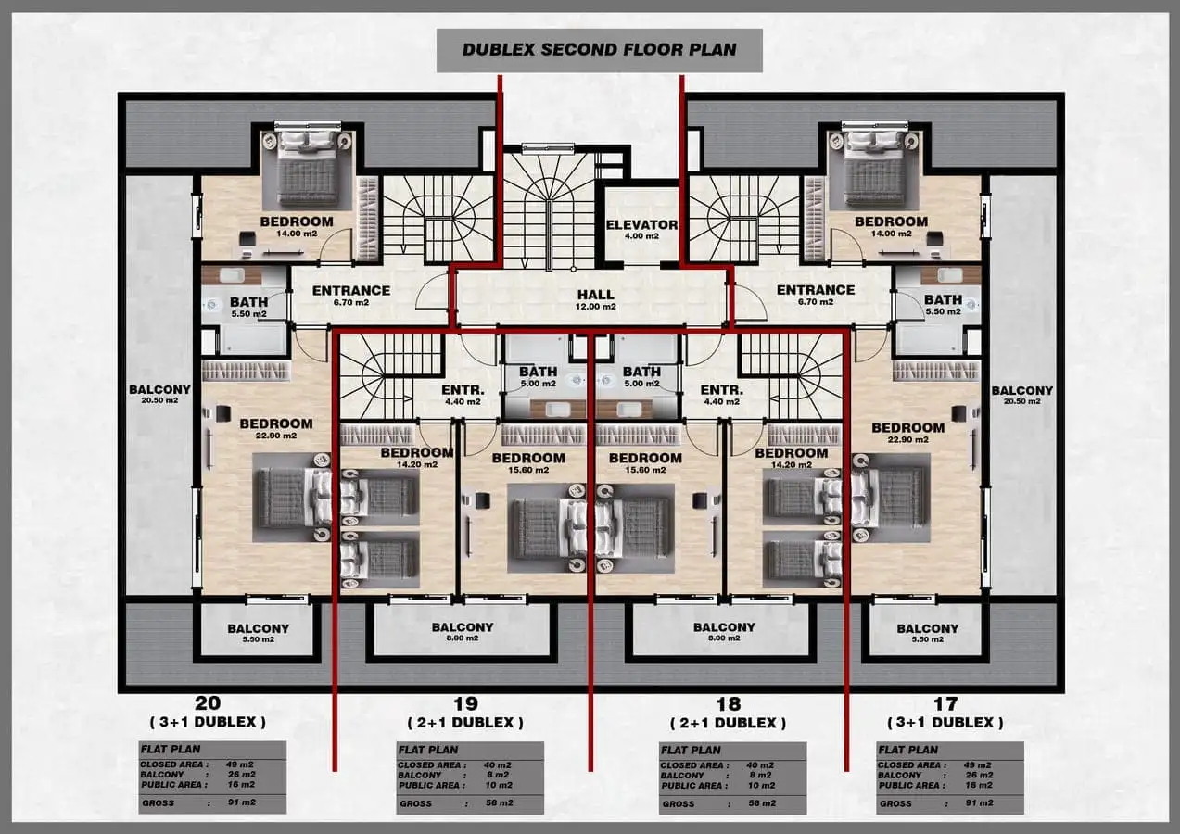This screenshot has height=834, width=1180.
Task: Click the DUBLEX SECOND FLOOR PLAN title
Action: [599, 49]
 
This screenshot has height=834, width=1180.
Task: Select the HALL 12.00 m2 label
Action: [596, 299]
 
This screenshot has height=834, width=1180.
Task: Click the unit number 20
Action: [208, 703]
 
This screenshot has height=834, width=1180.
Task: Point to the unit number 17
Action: [945, 704]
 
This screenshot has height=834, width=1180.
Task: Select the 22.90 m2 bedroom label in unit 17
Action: [908, 434]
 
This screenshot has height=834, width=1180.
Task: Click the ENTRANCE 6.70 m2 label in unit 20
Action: [350, 296]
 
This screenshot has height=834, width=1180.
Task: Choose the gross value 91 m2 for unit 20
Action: [241, 802]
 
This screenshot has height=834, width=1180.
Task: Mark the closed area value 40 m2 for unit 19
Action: [497, 765]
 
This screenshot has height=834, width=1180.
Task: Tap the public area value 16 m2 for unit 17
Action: [979, 785]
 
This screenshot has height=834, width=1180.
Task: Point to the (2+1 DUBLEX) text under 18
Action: [728, 723]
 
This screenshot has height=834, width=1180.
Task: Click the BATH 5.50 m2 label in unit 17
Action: [943, 305]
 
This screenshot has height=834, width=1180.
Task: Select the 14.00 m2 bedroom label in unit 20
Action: [297, 234]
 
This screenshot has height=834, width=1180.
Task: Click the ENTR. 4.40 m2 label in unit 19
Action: [463, 396]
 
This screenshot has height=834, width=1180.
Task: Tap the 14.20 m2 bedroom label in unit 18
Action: [791, 465]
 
